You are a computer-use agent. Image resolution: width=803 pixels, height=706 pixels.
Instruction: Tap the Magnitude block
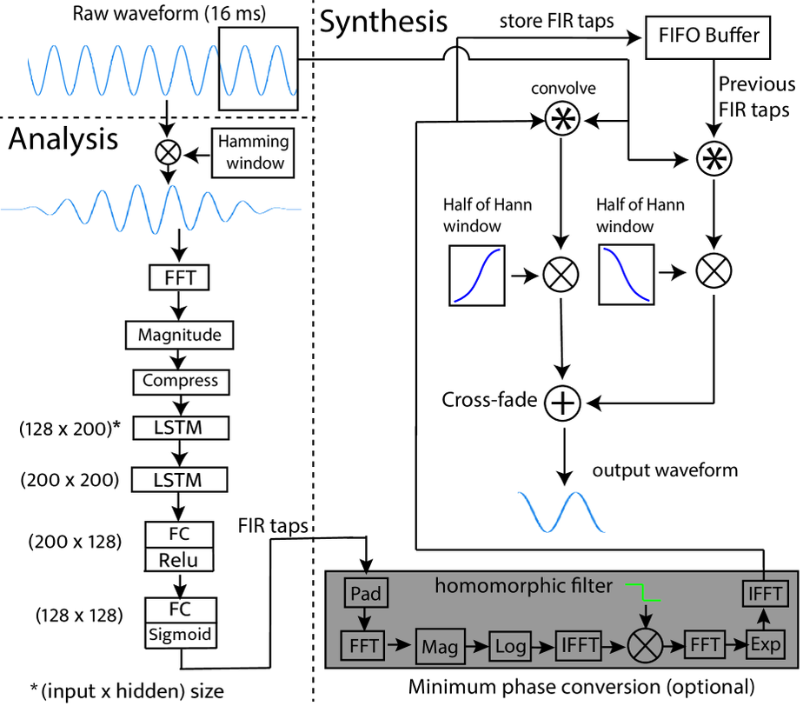point(181,334)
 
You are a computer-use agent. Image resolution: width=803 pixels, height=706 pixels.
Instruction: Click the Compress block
point(181,380)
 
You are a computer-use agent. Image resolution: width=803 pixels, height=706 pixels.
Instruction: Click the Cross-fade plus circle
point(563,403)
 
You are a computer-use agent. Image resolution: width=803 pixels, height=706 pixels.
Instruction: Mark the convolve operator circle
point(562,123)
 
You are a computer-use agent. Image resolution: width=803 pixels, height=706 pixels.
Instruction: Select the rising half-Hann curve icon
point(478,276)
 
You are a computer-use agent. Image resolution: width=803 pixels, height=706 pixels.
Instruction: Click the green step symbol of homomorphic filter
point(644,592)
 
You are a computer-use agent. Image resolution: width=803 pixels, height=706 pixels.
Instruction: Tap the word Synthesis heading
point(383,21)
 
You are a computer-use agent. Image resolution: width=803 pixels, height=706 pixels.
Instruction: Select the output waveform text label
point(665,470)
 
